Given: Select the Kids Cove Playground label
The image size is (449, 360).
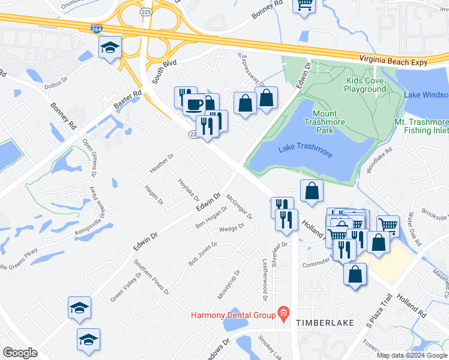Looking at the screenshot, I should click(365, 85).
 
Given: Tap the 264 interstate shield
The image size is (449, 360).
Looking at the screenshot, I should click(97, 29).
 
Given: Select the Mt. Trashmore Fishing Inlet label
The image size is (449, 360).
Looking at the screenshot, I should click(421, 126).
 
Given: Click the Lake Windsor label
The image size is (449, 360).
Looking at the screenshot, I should click(426, 95).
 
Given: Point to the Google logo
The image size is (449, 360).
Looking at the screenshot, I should click(20, 353).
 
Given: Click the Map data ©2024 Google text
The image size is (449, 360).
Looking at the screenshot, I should click(412, 355).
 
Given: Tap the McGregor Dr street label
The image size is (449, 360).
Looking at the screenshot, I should click(240, 206).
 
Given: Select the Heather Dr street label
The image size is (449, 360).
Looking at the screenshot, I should click(161, 163).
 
